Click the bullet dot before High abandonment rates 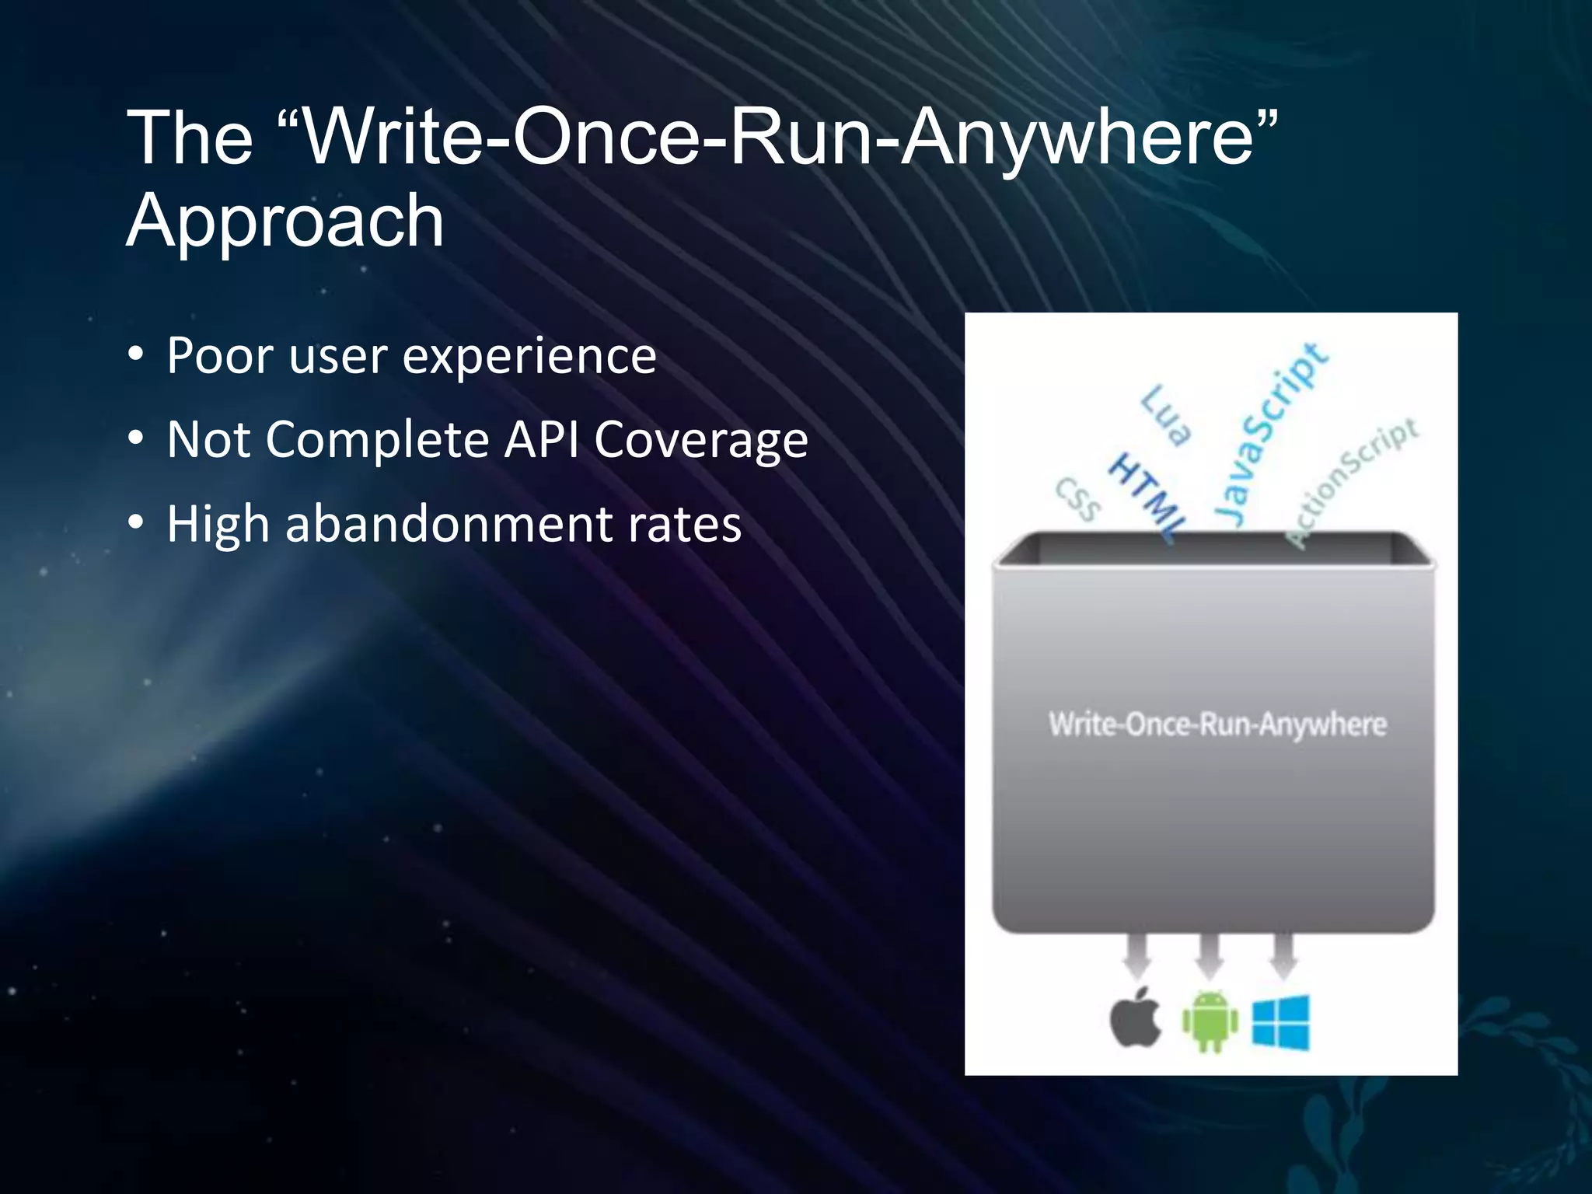pos(137,523)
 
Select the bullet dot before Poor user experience pos(137,355)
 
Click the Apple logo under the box pos(1136,1018)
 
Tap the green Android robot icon pos(1210,1021)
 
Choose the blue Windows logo pos(1280,1021)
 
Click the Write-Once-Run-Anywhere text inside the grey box pos(1217,724)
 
